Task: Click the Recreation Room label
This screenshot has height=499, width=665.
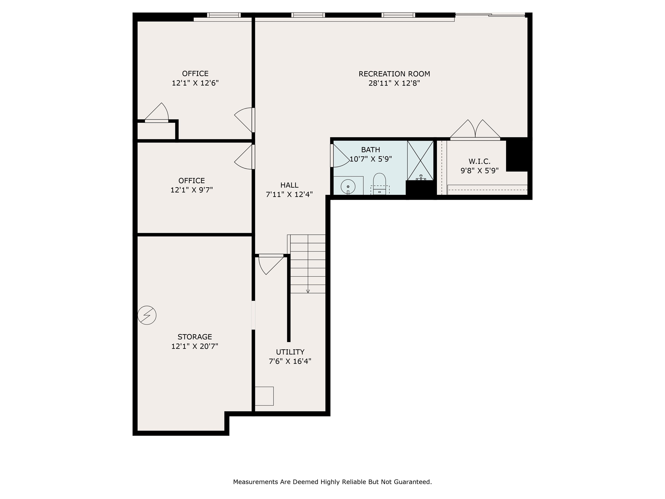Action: click(394, 74)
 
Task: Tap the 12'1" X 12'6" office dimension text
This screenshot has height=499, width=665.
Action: click(195, 83)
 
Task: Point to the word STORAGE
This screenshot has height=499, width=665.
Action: click(195, 337)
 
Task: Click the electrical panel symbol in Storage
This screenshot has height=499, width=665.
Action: click(147, 315)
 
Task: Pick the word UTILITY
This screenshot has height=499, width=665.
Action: click(290, 352)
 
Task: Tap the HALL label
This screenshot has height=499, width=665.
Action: click(289, 185)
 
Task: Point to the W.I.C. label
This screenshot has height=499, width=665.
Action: click(479, 162)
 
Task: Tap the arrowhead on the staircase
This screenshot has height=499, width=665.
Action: click(308, 291)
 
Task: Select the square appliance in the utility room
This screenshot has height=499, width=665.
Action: click(264, 396)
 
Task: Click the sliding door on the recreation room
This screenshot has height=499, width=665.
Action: click(490, 15)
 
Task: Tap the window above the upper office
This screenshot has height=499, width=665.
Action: click(224, 15)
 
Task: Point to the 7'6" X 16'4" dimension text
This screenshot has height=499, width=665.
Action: click(290, 361)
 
